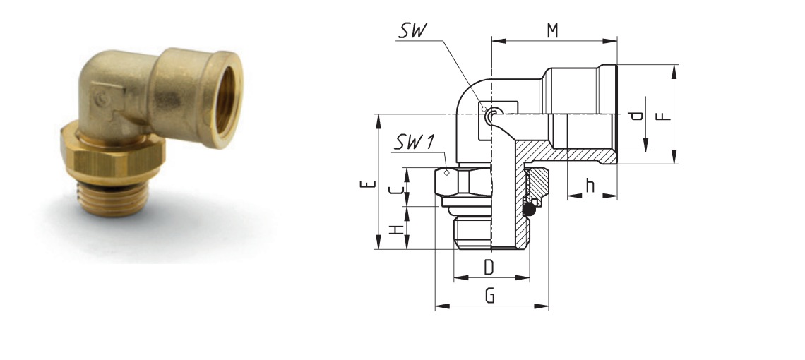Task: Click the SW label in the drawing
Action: (413, 31)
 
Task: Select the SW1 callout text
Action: (415, 142)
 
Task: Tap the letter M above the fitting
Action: (552, 31)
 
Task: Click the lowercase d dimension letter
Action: (637, 114)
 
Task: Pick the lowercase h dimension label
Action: (590, 186)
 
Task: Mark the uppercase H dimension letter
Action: (396, 229)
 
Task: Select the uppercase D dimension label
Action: (489, 267)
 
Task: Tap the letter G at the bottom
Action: (490, 296)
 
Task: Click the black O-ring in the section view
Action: (529, 208)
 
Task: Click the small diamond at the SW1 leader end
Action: (447, 172)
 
